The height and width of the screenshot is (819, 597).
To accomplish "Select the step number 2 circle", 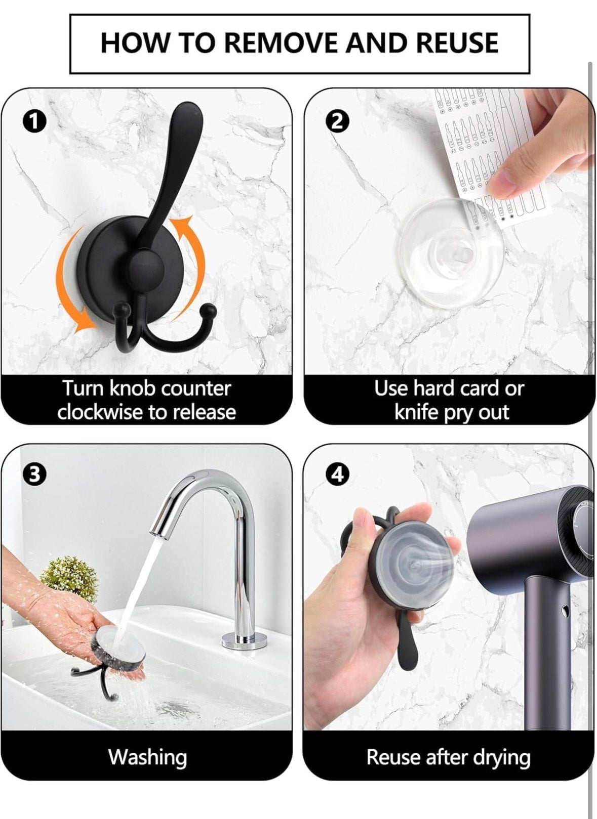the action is click(337, 122).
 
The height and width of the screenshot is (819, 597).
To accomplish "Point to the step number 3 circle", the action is click(34, 475).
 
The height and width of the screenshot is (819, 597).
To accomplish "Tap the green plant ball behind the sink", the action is click(69, 580).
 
